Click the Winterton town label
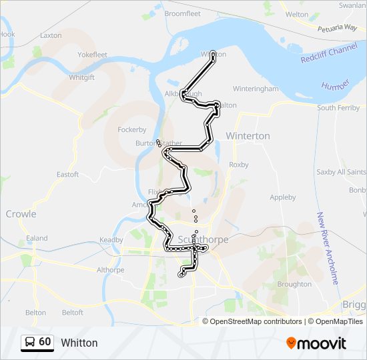248,136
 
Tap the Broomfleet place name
182,13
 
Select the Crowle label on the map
21,214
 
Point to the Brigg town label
354,304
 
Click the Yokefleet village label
92,55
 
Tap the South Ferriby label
338,107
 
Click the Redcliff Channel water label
329,50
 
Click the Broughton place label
294,284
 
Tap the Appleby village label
282,197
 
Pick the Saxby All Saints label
341,172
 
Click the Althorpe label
111,270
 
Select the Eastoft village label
67,175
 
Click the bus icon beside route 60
29,343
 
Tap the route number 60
45,342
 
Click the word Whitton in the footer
79,343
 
